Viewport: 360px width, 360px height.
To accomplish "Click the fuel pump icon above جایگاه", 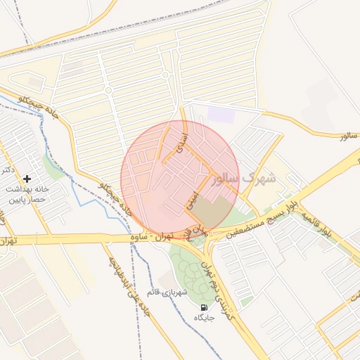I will point(205,307).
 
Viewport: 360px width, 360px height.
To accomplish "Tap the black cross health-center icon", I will point(27,179).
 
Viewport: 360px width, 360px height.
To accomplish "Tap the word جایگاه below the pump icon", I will point(204,319).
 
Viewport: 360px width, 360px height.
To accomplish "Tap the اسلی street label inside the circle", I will point(180,140).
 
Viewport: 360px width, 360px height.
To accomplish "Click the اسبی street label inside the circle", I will point(190,200).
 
